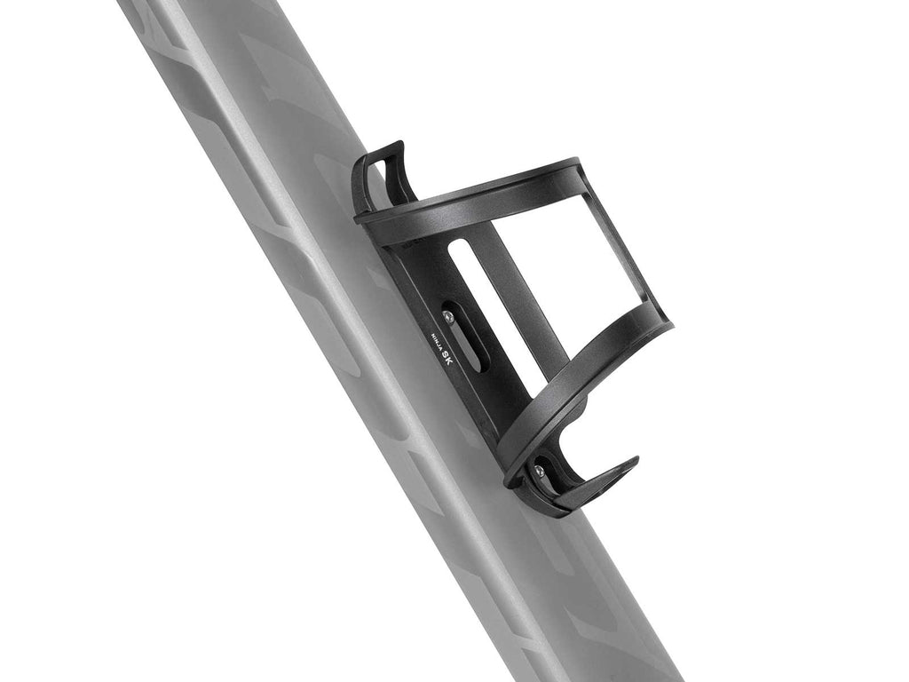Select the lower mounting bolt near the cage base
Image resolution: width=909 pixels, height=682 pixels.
(539, 472)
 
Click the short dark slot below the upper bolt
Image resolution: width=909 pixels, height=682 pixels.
(471, 349)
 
